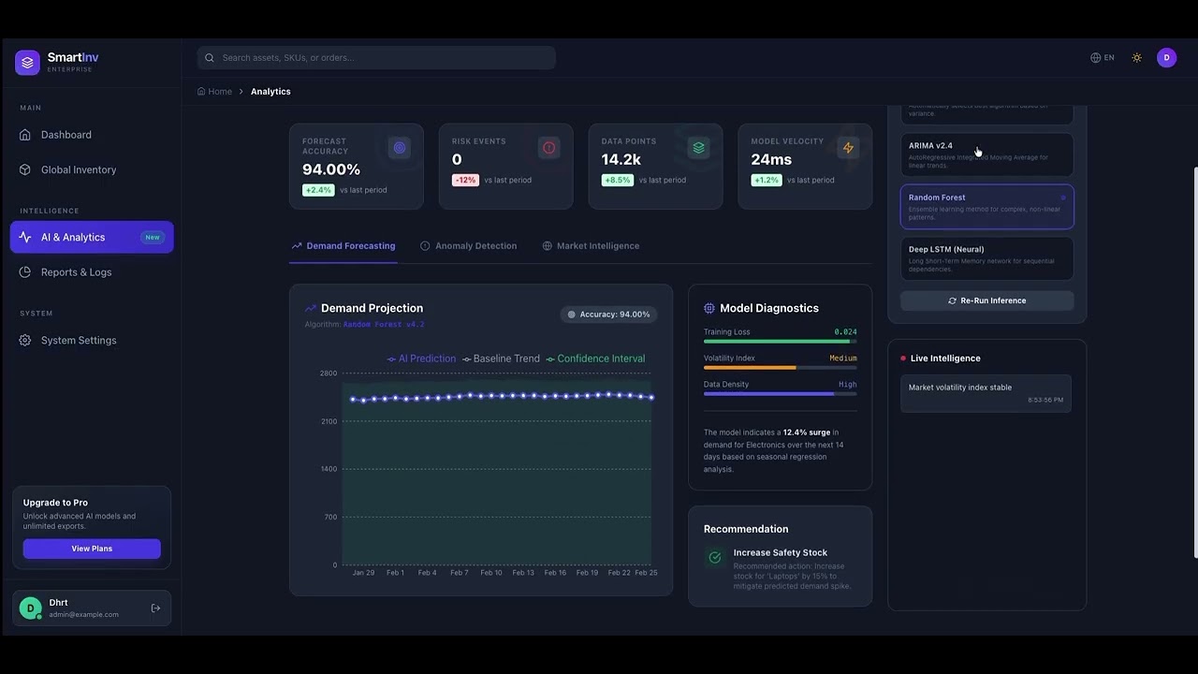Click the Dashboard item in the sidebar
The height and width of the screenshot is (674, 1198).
coord(66,135)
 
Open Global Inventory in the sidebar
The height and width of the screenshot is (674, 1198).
coord(79,169)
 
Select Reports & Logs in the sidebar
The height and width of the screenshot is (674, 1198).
coord(76,272)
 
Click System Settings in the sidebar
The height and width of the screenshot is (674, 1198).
coord(79,341)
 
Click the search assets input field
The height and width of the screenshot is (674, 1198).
coord(376,58)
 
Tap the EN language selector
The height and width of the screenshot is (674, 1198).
coord(1103,58)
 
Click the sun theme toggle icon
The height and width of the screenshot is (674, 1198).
coord(1137,58)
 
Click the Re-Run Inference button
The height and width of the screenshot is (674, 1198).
coord(986,300)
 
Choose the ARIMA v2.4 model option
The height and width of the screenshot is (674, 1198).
coord(986,154)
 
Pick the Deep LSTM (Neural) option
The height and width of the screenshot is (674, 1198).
coord(986,258)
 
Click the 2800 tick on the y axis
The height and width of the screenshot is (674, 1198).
coord(328,374)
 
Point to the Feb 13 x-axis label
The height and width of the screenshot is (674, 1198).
coord(523,573)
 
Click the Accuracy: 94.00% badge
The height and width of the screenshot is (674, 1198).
coord(608,315)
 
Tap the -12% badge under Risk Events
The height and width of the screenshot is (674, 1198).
coord(465,180)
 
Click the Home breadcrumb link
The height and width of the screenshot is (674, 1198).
coord(220,92)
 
